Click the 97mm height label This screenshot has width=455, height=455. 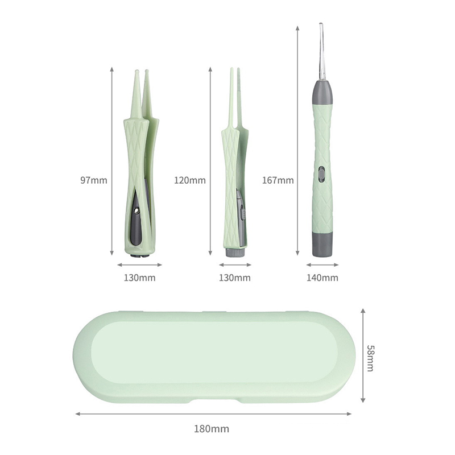click(94, 180)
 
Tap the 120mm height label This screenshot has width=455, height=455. click(190, 180)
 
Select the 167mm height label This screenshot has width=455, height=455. click(278, 180)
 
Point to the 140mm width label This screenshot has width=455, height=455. click(322, 278)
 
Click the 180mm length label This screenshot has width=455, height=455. click(212, 429)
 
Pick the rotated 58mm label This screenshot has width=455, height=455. click(370, 358)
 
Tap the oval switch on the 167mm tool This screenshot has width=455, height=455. click(321, 174)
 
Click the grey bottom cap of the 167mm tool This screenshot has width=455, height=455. click(322, 245)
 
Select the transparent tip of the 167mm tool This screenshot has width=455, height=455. click(321, 52)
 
